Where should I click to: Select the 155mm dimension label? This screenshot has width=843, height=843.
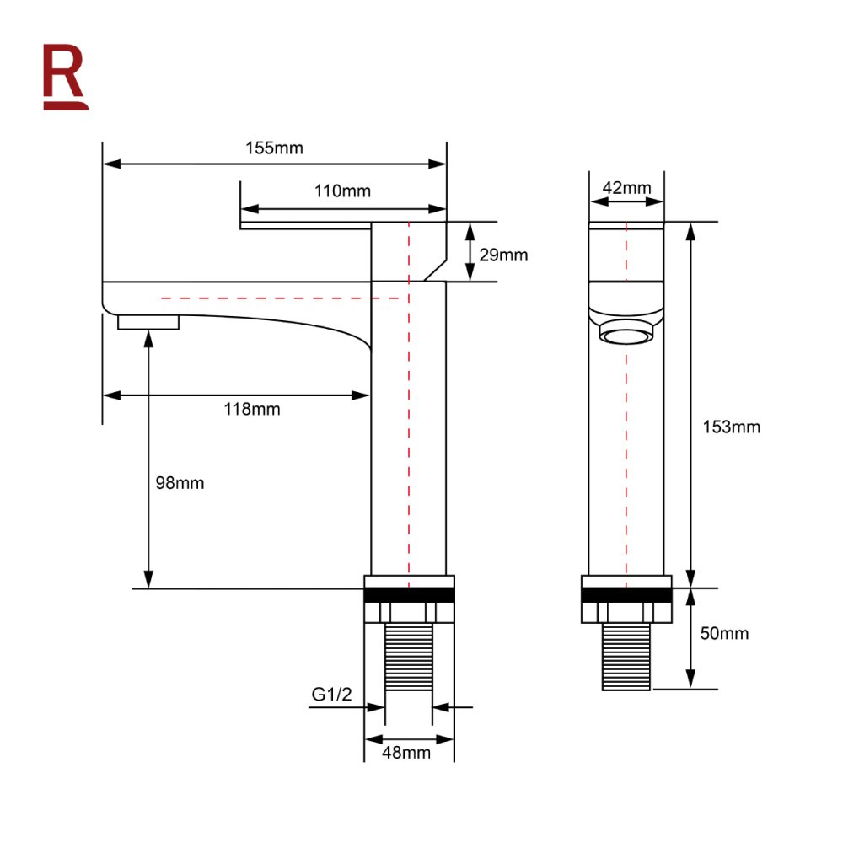tap(274, 148)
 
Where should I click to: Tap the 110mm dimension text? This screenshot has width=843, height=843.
tap(342, 191)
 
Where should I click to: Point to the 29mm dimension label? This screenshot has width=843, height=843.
tap(503, 255)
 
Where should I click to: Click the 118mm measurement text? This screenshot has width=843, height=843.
tap(251, 410)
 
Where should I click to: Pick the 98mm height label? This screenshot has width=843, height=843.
tap(180, 483)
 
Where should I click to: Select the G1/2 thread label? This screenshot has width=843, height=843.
tap(332, 695)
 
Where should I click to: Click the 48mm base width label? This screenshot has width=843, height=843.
tap(408, 752)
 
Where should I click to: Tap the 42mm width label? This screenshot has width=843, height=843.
tap(626, 187)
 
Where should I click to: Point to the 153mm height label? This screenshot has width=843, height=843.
tap(732, 427)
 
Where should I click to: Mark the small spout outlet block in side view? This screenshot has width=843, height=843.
tap(148, 322)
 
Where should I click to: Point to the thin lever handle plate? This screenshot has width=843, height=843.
tap(305, 224)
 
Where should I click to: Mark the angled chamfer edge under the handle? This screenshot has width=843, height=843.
tap(434, 270)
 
